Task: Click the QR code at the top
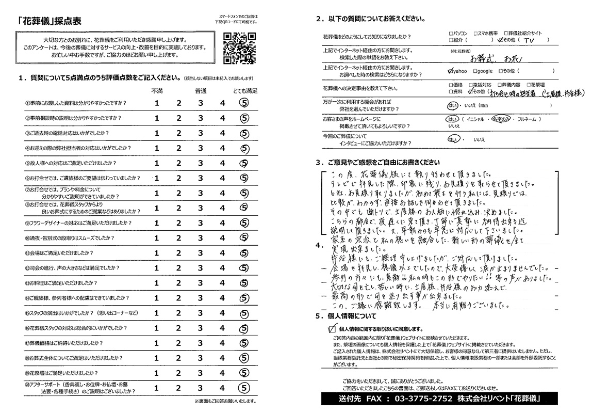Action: coord(238,48)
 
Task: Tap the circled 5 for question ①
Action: coord(244,103)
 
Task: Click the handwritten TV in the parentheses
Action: coord(528,40)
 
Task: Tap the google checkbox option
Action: coord(474,71)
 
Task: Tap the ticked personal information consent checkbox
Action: coord(331,328)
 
